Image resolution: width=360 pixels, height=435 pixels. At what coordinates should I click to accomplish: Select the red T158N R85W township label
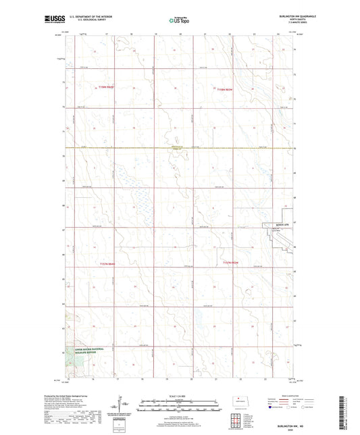105,86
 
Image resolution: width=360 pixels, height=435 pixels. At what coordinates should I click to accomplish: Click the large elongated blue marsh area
141,196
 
